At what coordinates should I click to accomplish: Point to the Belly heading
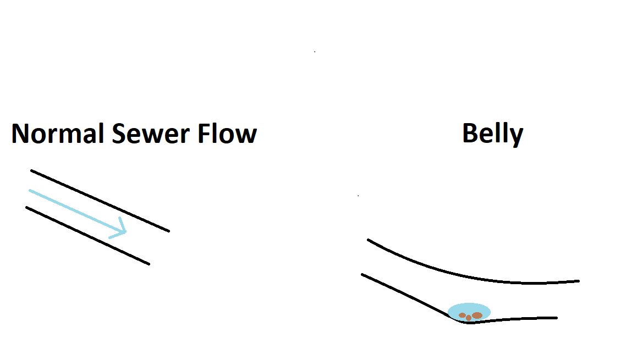(492, 134)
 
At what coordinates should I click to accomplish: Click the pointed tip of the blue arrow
(126, 232)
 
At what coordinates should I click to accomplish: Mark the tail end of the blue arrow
(30, 191)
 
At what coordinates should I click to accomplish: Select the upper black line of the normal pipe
(99, 201)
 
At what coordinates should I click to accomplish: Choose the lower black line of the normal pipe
(88, 236)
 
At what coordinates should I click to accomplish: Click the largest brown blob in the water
(477, 315)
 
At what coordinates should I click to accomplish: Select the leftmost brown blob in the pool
(462, 315)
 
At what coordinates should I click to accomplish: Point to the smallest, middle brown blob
(469, 318)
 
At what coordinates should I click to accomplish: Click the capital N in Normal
(20, 134)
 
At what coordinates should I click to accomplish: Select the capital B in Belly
(470, 134)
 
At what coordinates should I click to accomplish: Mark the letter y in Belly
(516, 136)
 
